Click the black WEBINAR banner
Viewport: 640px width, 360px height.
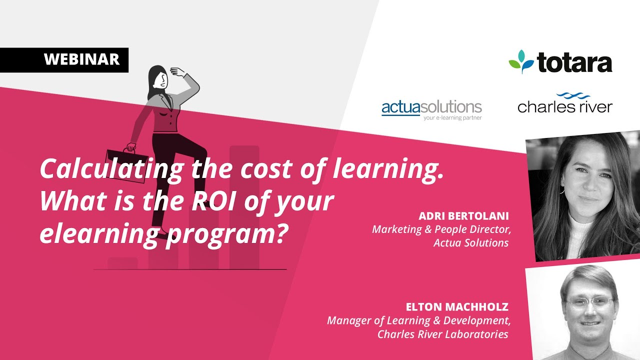(64, 60)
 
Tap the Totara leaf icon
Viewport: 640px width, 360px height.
(520, 61)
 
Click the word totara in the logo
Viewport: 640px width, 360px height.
(574, 63)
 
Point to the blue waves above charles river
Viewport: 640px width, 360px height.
(573, 95)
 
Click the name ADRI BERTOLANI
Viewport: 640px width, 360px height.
(463, 216)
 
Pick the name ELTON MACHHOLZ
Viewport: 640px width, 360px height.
(457, 307)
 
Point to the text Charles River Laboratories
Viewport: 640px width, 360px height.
(442, 334)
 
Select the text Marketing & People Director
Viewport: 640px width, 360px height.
(440, 229)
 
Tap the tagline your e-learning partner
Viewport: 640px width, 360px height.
(452, 118)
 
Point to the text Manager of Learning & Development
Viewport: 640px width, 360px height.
(418, 320)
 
